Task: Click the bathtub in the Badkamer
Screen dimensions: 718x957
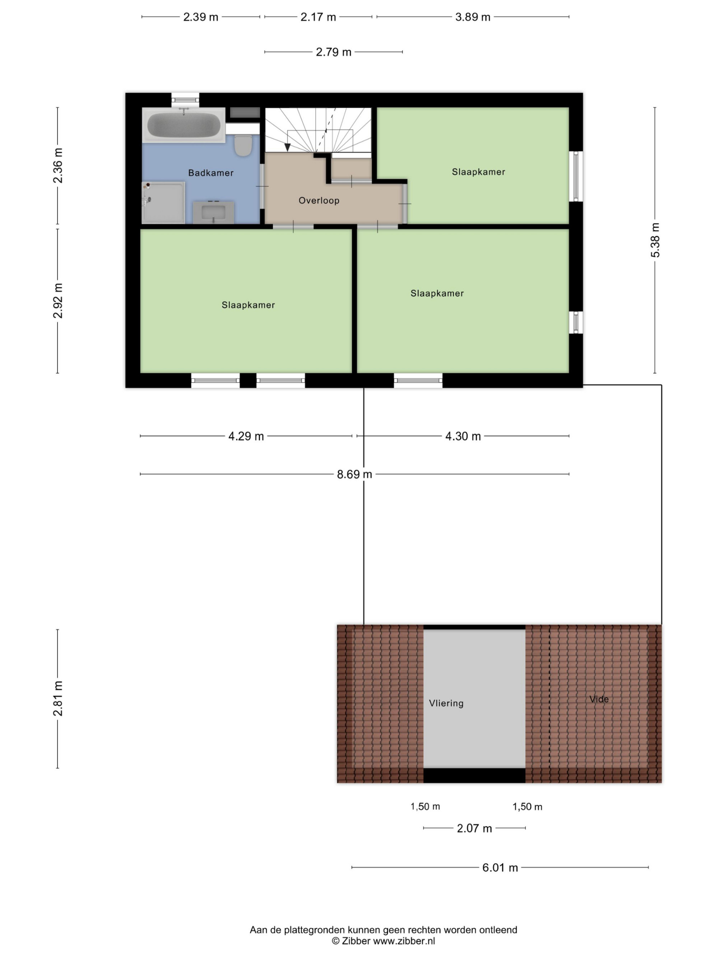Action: (x=184, y=125)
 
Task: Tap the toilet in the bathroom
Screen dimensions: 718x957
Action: (x=243, y=145)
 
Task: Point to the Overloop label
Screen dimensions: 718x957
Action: (x=319, y=200)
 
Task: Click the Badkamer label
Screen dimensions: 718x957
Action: (x=211, y=173)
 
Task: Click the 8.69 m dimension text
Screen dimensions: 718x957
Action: (x=354, y=474)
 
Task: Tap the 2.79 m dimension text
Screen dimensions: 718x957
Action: (x=333, y=52)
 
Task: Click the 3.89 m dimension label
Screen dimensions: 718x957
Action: (x=472, y=17)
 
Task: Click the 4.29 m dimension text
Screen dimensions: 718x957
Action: (x=246, y=436)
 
